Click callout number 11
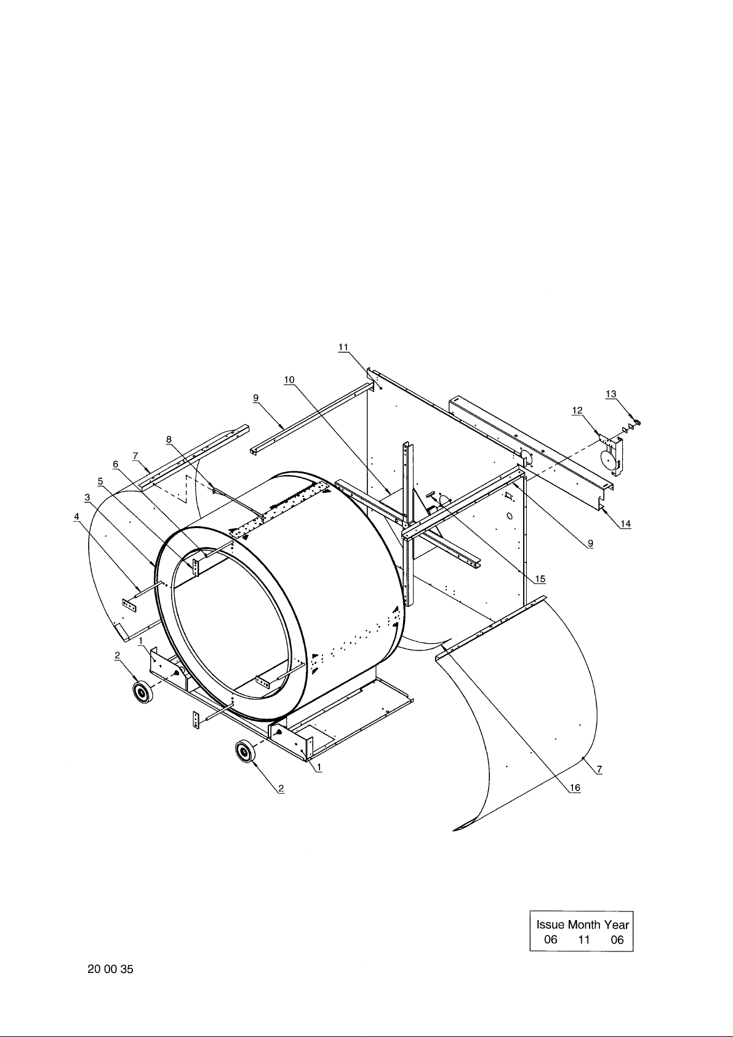point(343,347)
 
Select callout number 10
point(289,380)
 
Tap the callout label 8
point(169,439)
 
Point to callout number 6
point(115,464)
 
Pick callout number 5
point(100,481)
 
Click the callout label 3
point(87,497)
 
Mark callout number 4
point(77,516)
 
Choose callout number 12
point(577,410)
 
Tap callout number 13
point(611,394)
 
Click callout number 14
point(625,524)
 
